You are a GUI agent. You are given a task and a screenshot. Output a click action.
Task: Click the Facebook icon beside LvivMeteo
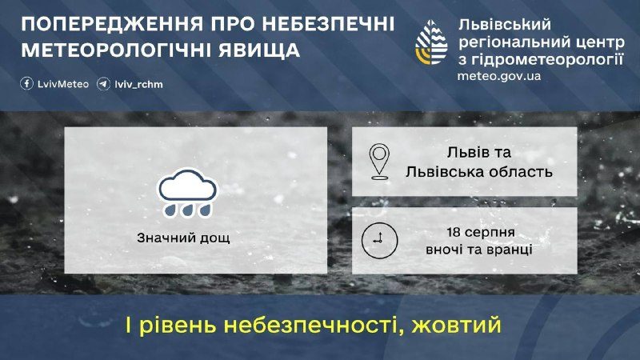pos(27,84)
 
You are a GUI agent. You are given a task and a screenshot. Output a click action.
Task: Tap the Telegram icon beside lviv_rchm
pos(104,84)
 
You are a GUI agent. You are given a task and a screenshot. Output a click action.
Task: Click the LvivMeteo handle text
pos(63,84)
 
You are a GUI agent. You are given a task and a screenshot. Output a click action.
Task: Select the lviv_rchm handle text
pos(138,85)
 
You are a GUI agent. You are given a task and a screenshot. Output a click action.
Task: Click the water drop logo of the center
pos(431,42)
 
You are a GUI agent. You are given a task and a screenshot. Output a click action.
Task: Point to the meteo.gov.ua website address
pos(498,76)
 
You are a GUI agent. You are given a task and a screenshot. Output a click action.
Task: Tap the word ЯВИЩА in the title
pos(259,50)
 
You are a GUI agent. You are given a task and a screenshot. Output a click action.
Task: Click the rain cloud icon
pos(187,193)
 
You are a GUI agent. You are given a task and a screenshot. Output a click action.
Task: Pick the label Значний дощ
pos(183,238)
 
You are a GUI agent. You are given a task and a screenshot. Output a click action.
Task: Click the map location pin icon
pos(379,162)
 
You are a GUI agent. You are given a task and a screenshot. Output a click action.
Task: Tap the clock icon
pos(379,241)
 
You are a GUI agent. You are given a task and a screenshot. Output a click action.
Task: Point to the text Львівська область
pos(478,172)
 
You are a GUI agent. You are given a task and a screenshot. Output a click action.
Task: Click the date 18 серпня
pos(481,232)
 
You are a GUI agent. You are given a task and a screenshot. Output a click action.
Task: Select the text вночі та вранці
pos(478,249)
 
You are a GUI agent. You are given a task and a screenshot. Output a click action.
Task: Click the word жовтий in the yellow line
pos(456,326)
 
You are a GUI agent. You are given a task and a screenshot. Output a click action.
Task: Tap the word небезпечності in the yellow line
pos(312,326)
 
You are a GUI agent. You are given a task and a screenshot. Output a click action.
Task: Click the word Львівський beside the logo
pos(504,26)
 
